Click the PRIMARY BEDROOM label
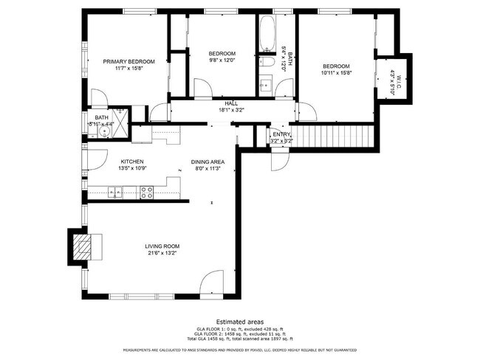(x=128, y=62)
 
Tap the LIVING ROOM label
(x=163, y=246)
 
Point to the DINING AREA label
(x=208, y=162)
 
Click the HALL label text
(x=230, y=104)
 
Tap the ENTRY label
(x=281, y=134)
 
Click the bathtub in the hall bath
(x=267, y=32)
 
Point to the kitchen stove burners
(x=146, y=193)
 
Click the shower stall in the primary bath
(x=138, y=123)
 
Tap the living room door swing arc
(x=211, y=282)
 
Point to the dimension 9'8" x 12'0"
(x=222, y=60)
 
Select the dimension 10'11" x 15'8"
(x=335, y=72)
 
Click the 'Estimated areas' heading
(x=239, y=321)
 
